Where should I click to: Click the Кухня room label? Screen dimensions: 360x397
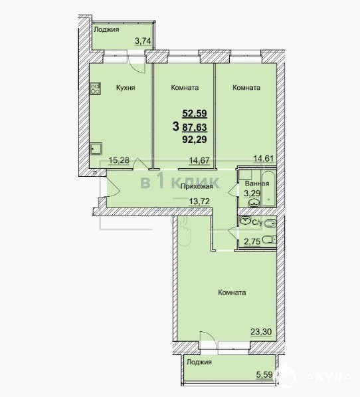pos(126,88)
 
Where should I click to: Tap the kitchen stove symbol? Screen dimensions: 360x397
pos(95,88)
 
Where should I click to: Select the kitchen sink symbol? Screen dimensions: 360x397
pos(96,148)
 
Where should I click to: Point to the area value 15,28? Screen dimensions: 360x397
pos(119,160)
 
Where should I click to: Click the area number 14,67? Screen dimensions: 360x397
pos(200,160)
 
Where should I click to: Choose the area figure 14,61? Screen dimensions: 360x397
pos(264,158)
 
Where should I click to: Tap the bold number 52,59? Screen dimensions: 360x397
pos(195,113)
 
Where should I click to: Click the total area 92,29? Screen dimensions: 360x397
pos(195,139)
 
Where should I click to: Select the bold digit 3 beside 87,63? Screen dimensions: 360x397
pos(176,126)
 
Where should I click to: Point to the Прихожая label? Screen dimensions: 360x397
pos(197,187)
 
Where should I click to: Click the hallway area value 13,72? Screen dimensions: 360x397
pos(200,201)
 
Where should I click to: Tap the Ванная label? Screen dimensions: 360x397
pos(257,184)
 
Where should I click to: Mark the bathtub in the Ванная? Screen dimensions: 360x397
pos(268,189)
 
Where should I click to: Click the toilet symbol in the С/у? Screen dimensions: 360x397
pos(270,239)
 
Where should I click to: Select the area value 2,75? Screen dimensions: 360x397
pos(252,242)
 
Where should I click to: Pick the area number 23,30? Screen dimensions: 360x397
pos(261,331)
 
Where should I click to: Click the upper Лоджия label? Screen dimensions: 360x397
pos(106,30)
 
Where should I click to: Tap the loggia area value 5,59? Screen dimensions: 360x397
pos(265,374)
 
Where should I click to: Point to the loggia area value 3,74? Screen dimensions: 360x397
pos(143,41)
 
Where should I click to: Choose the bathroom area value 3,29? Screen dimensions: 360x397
pos(252,194)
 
